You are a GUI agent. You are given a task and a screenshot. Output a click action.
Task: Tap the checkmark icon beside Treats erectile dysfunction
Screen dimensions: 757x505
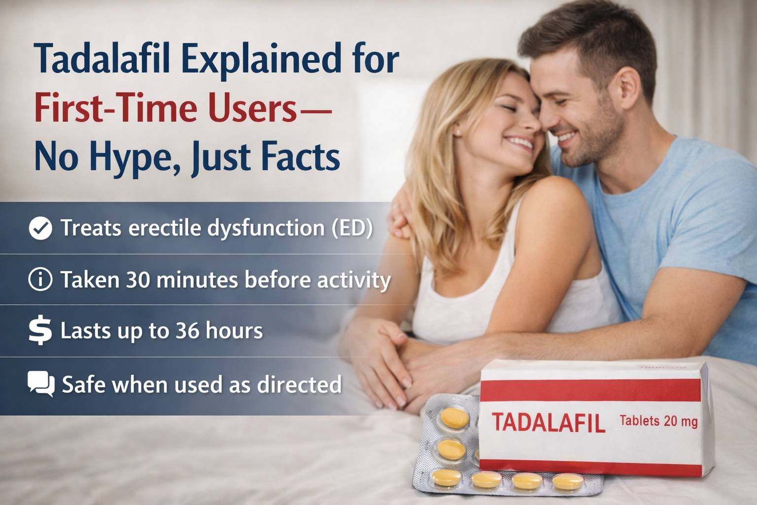pyautogui.click(x=40, y=228)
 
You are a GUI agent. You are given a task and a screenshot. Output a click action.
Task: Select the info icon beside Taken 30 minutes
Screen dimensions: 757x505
pyautogui.click(x=40, y=280)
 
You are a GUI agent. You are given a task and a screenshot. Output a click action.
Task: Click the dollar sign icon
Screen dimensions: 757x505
pyautogui.click(x=40, y=330)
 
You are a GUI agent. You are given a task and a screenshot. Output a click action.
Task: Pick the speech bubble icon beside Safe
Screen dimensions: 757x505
pyautogui.click(x=41, y=384)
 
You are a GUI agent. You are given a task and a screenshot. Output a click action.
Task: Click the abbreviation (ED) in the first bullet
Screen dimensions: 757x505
pyautogui.click(x=352, y=228)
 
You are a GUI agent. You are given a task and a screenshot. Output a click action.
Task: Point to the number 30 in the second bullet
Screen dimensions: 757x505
pyautogui.click(x=138, y=280)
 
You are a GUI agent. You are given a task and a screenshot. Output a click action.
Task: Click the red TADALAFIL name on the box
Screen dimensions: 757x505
pyautogui.click(x=548, y=423)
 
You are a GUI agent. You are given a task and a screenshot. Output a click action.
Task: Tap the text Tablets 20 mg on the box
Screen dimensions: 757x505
pyautogui.click(x=658, y=421)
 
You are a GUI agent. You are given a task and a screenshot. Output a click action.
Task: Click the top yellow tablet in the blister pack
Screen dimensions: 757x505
pyautogui.click(x=455, y=418)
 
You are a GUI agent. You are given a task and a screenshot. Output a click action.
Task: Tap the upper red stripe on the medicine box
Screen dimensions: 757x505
pyautogui.click(x=590, y=390)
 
